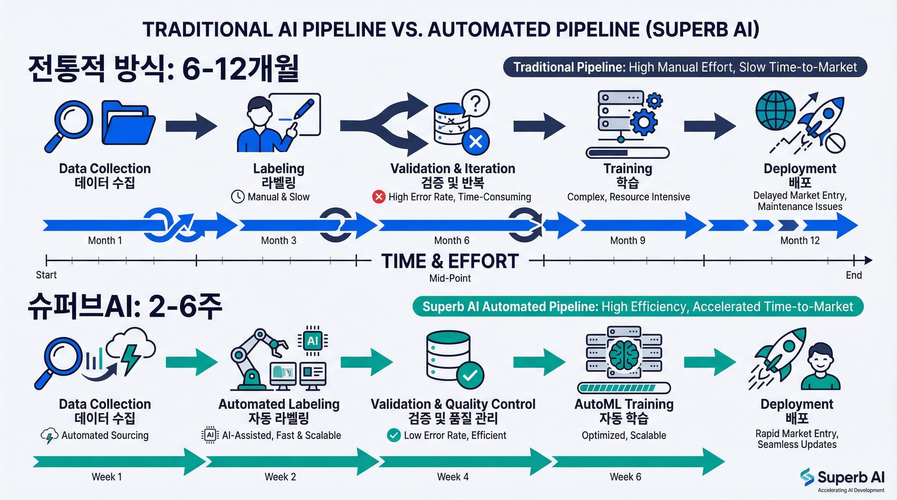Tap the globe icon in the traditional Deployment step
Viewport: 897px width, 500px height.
point(775,110)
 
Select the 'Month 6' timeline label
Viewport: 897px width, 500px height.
point(452,241)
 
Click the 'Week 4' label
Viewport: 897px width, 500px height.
point(453,477)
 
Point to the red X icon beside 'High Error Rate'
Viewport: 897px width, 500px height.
point(379,197)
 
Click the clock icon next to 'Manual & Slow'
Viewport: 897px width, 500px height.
point(238,197)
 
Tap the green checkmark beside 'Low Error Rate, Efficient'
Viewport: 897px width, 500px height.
point(394,435)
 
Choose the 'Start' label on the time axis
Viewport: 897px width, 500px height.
point(46,275)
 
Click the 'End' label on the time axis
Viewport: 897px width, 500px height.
point(853,275)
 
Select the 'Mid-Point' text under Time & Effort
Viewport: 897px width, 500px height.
point(450,278)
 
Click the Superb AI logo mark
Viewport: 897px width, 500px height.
point(807,477)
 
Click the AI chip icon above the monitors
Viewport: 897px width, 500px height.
point(313,341)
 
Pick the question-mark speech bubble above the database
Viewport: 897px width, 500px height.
point(476,103)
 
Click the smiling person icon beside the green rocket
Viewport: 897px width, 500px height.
point(821,366)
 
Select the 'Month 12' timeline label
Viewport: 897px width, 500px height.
point(800,241)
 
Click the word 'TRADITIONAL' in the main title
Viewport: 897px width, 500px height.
point(207,30)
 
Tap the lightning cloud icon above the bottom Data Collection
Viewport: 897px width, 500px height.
point(131,349)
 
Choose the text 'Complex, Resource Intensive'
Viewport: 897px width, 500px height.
point(628,197)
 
